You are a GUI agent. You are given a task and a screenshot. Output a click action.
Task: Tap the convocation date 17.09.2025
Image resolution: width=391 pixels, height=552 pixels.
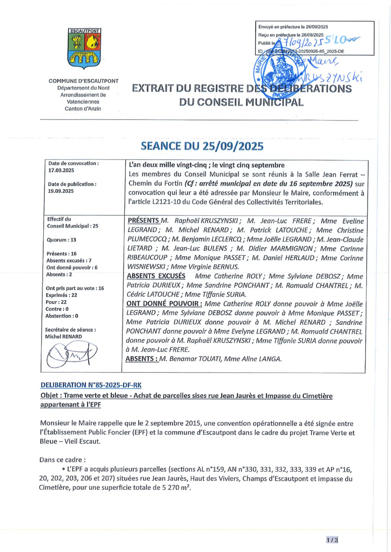tap(61, 170)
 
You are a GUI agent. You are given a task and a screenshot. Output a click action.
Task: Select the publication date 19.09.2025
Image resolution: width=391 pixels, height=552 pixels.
tap(61, 190)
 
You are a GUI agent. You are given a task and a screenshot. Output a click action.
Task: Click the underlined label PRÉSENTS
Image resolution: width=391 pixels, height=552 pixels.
tap(143, 220)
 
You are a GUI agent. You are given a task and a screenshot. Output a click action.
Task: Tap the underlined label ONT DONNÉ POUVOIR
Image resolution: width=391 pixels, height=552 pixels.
tap(163, 304)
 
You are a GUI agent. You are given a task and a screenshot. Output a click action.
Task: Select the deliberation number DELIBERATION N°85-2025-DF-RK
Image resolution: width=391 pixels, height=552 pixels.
tap(94, 384)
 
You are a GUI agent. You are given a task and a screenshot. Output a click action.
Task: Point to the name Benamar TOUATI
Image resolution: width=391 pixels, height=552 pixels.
tap(188, 359)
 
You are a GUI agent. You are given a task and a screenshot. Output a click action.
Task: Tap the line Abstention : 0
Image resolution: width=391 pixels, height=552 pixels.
tap(62, 316)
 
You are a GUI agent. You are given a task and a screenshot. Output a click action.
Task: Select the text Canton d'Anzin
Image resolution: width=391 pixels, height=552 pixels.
tap(84, 108)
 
